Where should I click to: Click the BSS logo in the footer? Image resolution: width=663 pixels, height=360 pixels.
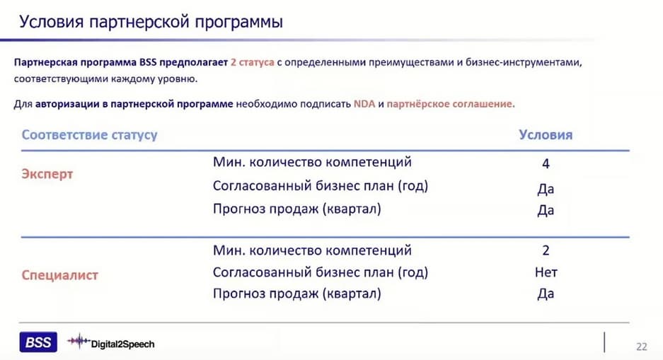pyautogui.click(x=38, y=342)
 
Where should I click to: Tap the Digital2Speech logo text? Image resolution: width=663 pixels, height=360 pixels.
pyautogui.click(x=122, y=344)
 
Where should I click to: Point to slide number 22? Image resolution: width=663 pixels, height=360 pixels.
pyautogui.click(x=642, y=347)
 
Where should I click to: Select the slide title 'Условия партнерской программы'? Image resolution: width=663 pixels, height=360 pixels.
pyautogui.click(x=151, y=21)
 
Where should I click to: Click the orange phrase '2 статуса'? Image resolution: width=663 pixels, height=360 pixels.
pyautogui.click(x=253, y=62)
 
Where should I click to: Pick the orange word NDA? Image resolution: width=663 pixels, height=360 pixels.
pyautogui.click(x=364, y=104)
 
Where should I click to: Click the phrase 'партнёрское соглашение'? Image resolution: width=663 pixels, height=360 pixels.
pyautogui.click(x=451, y=104)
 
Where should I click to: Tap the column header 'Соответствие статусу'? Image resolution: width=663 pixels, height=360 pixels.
pyautogui.click(x=89, y=135)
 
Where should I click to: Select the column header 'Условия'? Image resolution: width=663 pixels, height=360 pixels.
pyautogui.click(x=546, y=135)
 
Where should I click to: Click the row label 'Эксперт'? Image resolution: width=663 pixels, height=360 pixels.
pyautogui.click(x=47, y=174)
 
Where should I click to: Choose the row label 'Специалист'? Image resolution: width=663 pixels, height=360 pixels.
pyautogui.click(x=59, y=276)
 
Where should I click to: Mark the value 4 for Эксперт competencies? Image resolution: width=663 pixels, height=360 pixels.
pyautogui.click(x=546, y=163)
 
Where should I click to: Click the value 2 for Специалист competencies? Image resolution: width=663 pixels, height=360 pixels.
pyautogui.click(x=546, y=250)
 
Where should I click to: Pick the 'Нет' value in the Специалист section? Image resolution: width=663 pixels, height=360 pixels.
pyautogui.click(x=546, y=272)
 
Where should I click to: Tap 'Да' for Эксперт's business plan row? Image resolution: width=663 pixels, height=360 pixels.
pyautogui.click(x=546, y=188)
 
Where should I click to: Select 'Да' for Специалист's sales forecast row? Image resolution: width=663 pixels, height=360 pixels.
pyautogui.click(x=546, y=294)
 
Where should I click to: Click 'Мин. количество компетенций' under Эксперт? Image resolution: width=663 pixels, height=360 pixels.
pyautogui.click(x=312, y=162)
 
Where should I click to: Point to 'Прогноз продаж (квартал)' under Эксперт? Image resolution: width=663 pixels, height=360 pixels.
pyautogui.click(x=296, y=209)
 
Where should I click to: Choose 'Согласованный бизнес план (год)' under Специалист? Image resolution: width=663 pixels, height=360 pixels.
pyautogui.click(x=321, y=272)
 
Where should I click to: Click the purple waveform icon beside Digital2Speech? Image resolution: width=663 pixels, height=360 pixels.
pyautogui.click(x=79, y=341)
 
